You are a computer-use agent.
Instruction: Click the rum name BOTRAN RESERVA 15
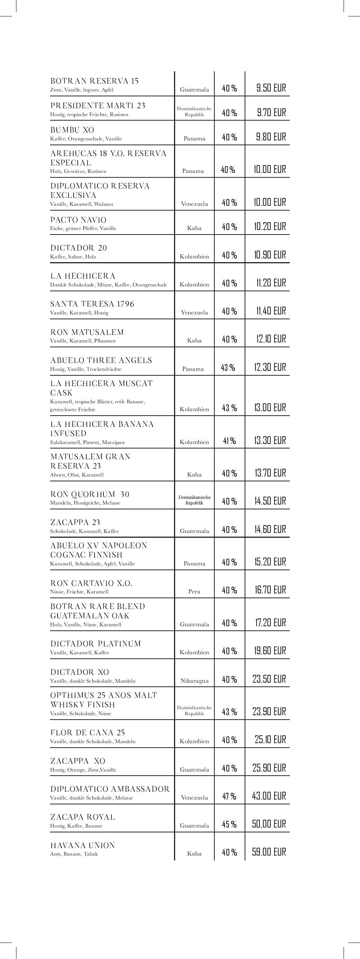click(94, 81)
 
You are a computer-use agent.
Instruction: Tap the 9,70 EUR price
click(271, 112)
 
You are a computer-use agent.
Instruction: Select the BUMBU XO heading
click(72, 130)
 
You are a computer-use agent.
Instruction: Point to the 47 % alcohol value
click(229, 796)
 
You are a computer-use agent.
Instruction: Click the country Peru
click(194, 592)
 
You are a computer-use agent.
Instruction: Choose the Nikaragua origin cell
click(194, 681)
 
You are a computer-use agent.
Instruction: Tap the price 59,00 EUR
click(269, 852)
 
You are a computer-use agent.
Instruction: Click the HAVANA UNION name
click(83, 845)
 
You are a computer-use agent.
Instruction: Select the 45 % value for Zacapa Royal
click(229, 824)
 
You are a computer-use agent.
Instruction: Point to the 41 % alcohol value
click(229, 441)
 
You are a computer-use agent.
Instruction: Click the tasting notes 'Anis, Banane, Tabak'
click(74, 854)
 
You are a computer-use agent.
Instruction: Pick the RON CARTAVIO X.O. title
click(91, 583)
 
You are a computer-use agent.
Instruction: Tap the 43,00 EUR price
click(269, 796)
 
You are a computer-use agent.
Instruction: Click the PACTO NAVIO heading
click(78, 220)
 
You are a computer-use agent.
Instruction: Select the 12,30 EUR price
click(270, 367)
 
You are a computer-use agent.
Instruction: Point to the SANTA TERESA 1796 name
click(92, 304)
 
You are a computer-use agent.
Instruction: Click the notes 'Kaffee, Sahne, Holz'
click(73, 257)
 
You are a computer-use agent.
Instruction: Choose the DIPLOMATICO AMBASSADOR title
click(110, 789)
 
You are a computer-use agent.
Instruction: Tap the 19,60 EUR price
click(270, 651)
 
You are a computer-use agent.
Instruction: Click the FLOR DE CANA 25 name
click(87, 733)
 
